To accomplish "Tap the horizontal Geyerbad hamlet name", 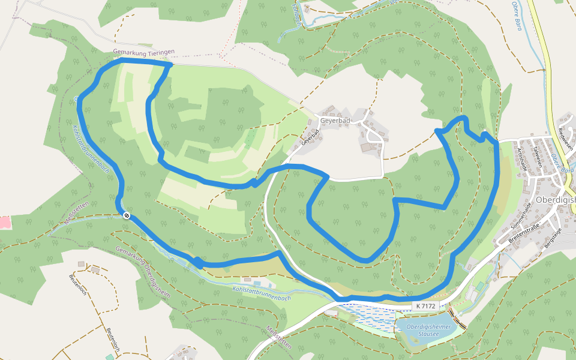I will [335, 121].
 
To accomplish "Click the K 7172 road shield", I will [424, 306].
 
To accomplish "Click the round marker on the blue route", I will [127, 215].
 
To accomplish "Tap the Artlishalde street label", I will [521, 158].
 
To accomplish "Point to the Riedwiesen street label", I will [566, 137].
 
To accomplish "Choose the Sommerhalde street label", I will [521, 216].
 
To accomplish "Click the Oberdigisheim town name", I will [555, 200].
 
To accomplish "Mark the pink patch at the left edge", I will [4, 222].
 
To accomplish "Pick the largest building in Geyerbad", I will [366, 147].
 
